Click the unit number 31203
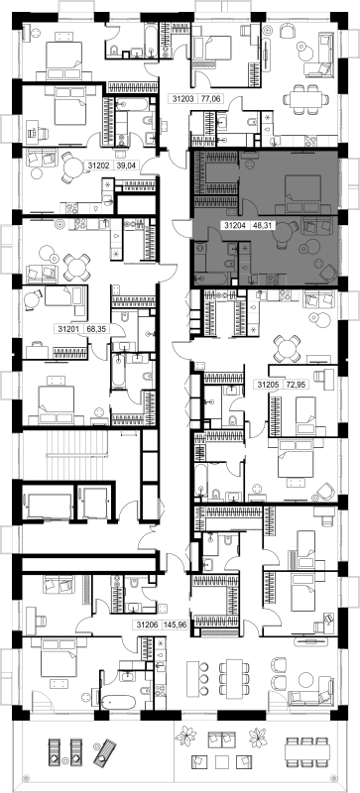click(x=182, y=99)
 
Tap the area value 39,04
click(x=126, y=166)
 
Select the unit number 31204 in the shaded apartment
click(x=235, y=227)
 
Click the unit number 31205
click(x=269, y=385)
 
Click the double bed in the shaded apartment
click(x=302, y=193)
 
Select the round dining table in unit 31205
click(x=287, y=349)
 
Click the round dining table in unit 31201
click(x=77, y=267)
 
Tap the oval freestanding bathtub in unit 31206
click(x=118, y=702)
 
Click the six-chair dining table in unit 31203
click(x=307, y=99)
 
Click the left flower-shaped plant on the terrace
click(x=185, y=736)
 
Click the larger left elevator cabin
click(x=50, y=506)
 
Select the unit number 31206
click(x=147, y=624)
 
